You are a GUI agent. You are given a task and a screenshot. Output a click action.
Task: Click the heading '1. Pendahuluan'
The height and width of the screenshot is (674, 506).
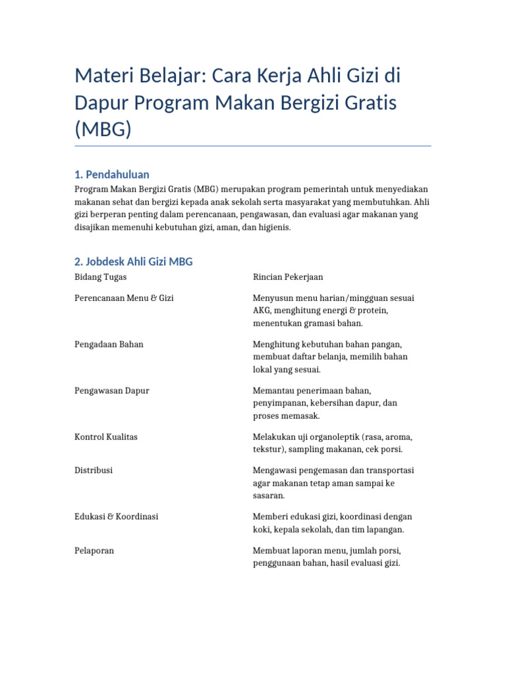(x=111, y=174)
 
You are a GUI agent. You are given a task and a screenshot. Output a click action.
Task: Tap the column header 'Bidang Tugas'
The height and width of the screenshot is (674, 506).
(x=101, y=277)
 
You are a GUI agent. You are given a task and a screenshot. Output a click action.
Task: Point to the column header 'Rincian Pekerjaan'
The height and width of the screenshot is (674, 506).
(x=289, y=277)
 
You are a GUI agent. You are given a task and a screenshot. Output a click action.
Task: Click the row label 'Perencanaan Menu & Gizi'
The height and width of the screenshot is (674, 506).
(x=124, y=298)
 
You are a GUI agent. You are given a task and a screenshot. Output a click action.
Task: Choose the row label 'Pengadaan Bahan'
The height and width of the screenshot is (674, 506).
(x=109, y=344)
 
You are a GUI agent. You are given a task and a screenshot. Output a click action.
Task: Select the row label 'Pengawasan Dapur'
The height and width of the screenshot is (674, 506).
(x=111, y=390)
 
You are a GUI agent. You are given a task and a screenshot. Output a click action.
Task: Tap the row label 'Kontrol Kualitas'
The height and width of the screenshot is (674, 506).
(x=106, y=436)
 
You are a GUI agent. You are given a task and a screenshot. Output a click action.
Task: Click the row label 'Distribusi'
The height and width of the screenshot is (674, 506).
(x=94, y=471)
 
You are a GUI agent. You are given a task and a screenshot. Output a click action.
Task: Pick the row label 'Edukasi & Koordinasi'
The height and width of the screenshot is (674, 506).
(x=116, y=517)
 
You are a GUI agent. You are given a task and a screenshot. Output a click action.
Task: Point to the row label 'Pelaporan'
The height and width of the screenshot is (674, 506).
(x=94, y=550)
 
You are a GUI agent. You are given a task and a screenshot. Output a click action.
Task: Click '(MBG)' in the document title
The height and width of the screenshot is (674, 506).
(x=103, y=129)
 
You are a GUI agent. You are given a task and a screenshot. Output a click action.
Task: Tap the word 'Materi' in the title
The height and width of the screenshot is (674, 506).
(x=103, y=76)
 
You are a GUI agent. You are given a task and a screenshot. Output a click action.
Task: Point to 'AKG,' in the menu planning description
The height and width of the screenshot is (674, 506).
(x=263, y=311)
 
